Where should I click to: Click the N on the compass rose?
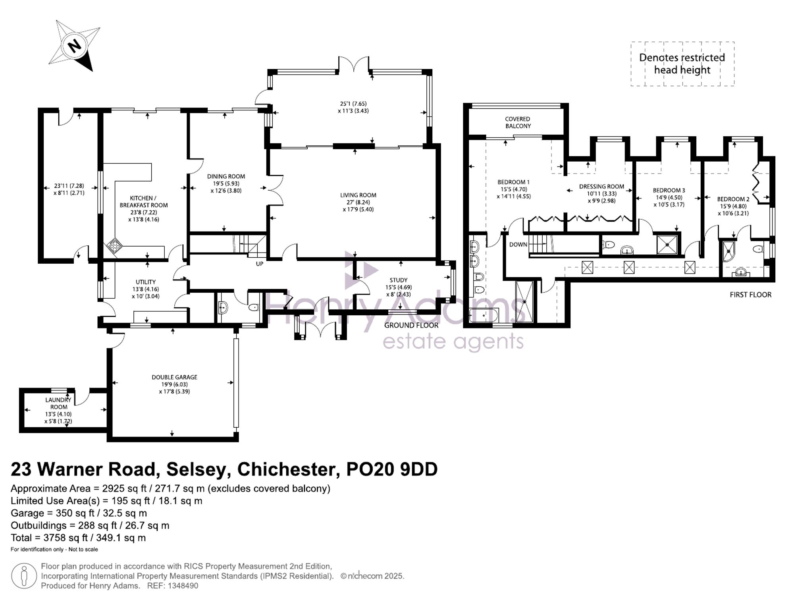point(74,46)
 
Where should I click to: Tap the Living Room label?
point(358,195)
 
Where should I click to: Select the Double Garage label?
point(174,377)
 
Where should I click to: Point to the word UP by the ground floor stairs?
point(260,264)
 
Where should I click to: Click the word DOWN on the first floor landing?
point(518,245)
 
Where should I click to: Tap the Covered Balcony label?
point(518,122)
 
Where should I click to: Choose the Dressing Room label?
point(601,187)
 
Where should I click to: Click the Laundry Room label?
point(59,403)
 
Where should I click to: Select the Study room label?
point(399,280)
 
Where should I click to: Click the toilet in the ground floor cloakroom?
point(253,307)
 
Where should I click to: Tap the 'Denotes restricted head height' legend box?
point(682,64)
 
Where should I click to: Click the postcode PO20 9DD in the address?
point(392,469)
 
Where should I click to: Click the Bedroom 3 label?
point(669,191)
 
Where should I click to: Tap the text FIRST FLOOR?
point(751,295)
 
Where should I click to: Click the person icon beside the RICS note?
point(24,576)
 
